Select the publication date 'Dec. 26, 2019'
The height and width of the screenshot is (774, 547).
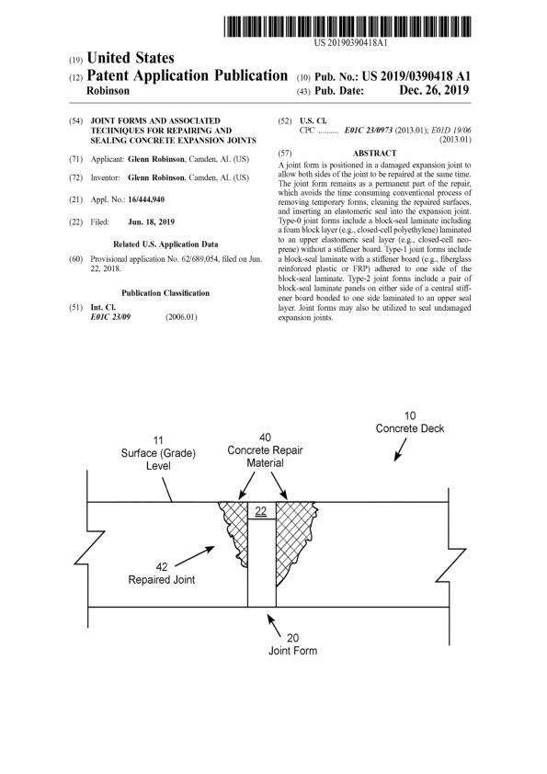(x=429, y=91)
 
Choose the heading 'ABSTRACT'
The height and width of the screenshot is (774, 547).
(x=374, y=153)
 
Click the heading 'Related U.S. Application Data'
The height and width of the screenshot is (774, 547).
(x=165, y=245)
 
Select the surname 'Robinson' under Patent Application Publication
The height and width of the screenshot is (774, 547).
(x=108, y=92)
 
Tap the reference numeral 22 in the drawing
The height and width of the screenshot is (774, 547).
(x=261, y=512)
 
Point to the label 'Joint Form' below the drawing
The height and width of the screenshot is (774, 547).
(x=292, y=651)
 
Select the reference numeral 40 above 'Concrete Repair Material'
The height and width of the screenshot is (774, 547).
(x=265, y=437)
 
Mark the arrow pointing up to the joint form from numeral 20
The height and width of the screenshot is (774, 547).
(x=271, y=620)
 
